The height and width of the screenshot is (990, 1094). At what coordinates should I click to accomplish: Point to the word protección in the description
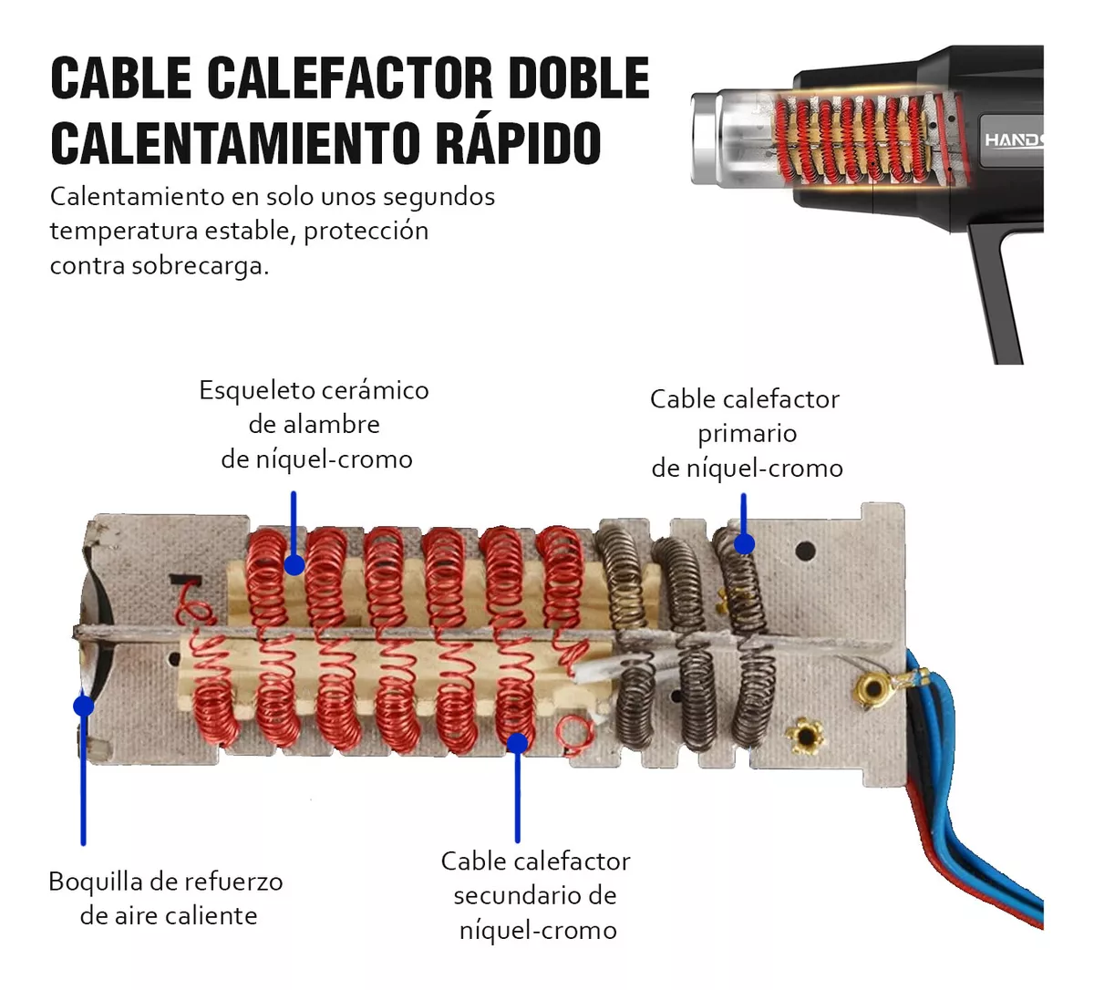[x=366, y=232]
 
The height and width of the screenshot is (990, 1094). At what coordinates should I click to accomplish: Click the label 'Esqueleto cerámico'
[x=314, y=390]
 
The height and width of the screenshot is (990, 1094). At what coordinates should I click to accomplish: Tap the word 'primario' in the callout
[x=748, y=434]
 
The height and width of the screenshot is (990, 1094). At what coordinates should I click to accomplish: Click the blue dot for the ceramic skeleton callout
[x=294, y=565]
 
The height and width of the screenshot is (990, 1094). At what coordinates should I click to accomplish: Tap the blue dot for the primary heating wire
[x=744, y=544]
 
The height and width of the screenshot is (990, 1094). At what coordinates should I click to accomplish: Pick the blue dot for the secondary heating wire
[x=517, y=742]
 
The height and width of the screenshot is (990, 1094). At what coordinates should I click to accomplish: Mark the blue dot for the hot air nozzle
[x=84, y=706]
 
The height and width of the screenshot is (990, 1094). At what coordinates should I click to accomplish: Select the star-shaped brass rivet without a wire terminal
[x=805, y=736]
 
